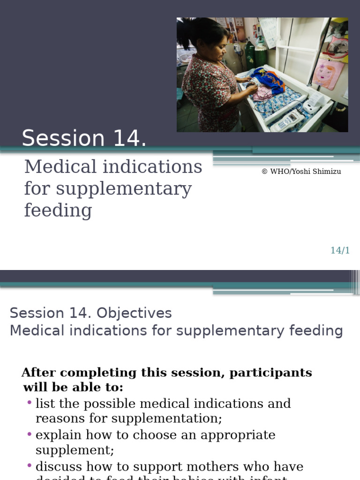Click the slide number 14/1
pos(340,250)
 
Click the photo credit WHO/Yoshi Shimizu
pos(301,172)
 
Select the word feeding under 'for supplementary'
pos(58,210)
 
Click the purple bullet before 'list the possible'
pos(30,403)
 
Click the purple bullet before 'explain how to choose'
pos(30,434)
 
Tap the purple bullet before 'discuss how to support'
pos(30,465)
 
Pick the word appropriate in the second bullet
pos(238,435)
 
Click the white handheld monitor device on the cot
pos(286,122)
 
